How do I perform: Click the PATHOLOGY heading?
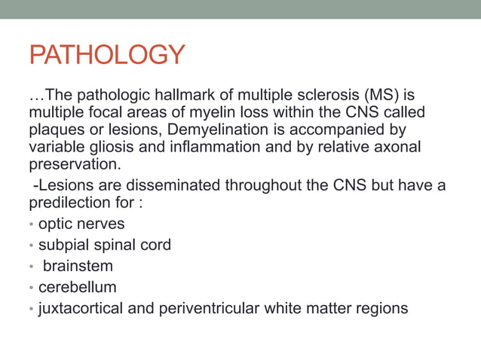pyautogui.click(x=106, y=55)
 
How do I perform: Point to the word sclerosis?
pyautogui.click(x=320, y=96)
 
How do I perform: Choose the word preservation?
pyautogui.click(x=73, y=162)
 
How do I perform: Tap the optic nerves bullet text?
pyautogui.click(x=81, y=224)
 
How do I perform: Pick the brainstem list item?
pyautogui.click(x=78, y=266)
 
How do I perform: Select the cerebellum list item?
pyautogui.click(x=78, y=287)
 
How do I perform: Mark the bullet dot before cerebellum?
pyautogui.click(x=31, y=288)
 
